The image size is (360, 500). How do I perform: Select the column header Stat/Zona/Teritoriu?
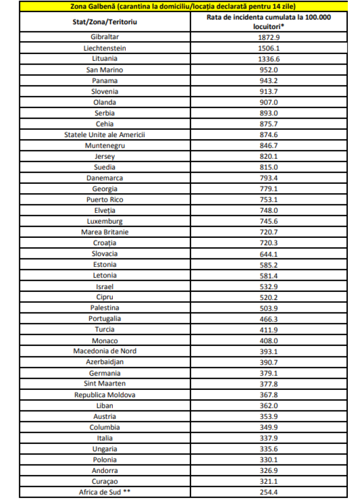104,22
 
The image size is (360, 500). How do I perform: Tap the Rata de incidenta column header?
268,22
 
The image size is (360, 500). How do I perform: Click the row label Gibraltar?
104,37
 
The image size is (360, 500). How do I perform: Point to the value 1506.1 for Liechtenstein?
268,48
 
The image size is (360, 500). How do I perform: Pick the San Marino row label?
104,70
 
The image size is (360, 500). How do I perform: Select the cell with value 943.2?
268,81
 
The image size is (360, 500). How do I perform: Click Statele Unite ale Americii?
104,135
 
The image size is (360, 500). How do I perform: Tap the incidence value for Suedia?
268,167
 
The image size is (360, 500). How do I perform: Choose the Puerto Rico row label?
104,200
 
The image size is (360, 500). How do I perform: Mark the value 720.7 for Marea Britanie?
268,232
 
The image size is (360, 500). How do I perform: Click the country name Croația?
104,243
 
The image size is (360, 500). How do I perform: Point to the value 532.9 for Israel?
268,286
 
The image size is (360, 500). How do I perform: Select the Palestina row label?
104,307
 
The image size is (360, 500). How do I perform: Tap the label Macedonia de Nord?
104,351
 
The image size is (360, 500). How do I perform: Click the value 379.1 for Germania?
268,372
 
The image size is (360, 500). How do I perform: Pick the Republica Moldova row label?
104,395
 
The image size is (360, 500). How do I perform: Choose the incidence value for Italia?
268,438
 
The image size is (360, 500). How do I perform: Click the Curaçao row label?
104,481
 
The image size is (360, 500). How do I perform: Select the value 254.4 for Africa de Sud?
268,492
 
